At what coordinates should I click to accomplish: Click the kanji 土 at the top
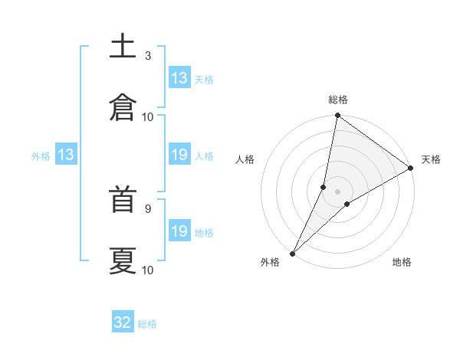point(123,47)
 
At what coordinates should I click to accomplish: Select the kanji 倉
point(123,106)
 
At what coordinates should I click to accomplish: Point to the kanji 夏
point(123,260)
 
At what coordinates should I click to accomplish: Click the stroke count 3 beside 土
point(148,56)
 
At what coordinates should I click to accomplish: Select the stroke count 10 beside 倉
point(148,116)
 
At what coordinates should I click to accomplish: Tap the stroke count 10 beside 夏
point(148,270)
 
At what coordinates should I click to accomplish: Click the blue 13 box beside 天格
point(179,78)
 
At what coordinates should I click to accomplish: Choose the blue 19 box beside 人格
point(179,155)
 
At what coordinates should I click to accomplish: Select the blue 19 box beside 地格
point(179,231)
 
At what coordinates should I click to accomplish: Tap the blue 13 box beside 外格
point(65,155)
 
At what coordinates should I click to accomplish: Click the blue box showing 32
point(123,322)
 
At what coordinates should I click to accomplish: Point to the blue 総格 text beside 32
point(147,324)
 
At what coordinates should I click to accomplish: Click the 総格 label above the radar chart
point(338,100)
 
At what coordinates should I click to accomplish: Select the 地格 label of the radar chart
point(402,263)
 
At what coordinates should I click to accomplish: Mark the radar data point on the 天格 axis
point(411,169)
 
